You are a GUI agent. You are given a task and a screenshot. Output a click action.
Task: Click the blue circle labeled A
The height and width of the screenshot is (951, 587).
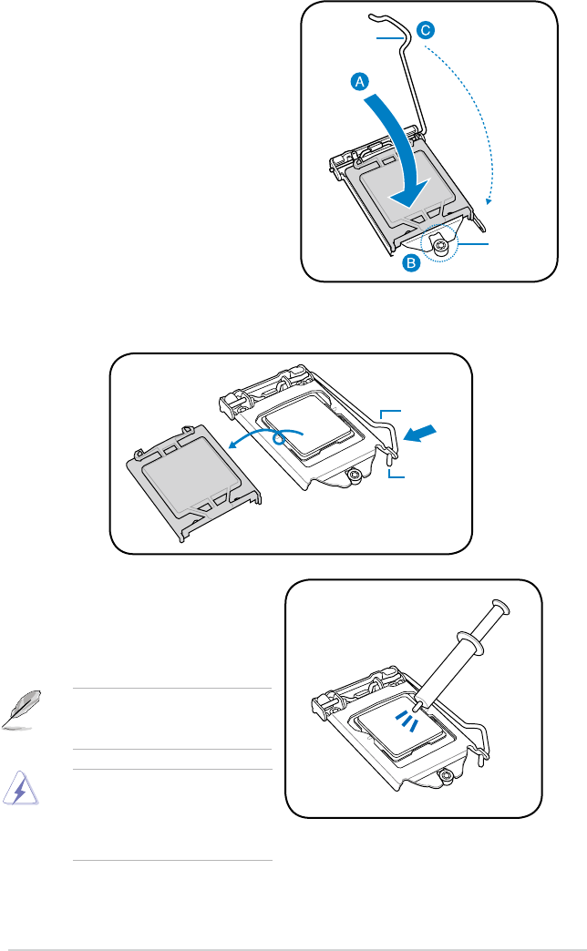361,82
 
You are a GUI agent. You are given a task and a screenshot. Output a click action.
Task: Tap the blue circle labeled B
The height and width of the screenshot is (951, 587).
412,263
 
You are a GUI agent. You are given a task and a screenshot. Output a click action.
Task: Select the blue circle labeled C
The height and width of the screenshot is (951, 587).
425,30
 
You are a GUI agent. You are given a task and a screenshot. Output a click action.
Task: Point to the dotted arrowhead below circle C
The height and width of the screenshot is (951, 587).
489,201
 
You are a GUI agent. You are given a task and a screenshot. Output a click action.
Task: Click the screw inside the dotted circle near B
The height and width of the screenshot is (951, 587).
441,244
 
